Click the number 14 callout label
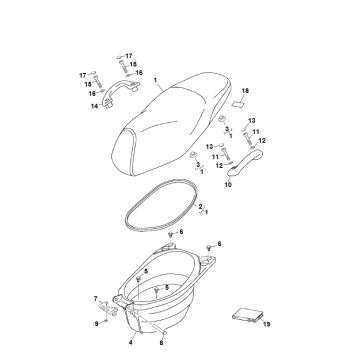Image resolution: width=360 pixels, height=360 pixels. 94,106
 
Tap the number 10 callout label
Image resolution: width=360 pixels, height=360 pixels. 228,184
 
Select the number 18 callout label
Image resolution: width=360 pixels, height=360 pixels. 245,91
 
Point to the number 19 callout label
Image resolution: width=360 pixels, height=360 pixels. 266,324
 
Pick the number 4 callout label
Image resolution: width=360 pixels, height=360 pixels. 130,342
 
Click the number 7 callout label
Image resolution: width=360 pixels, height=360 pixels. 96,298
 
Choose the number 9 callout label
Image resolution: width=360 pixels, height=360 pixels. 96,324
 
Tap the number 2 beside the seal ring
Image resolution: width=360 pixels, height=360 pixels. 200,207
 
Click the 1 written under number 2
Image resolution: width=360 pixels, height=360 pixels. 206,212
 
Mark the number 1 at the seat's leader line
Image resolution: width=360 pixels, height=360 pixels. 155,80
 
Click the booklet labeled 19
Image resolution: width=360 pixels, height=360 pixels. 248,315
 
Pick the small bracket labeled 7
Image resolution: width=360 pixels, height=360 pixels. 107,309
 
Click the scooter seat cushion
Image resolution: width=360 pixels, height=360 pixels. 171,123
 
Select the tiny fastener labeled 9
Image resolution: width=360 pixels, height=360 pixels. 105,321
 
